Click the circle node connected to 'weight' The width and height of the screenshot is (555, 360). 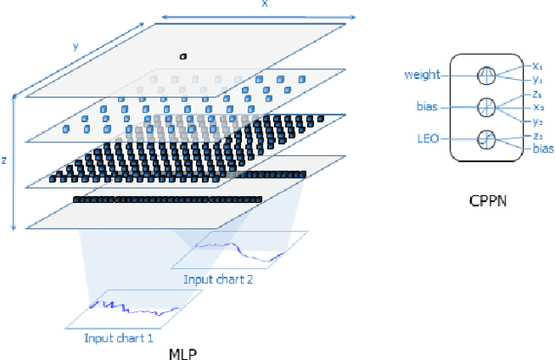[x=488, y=76]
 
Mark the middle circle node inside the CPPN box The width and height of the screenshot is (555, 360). [x=488, y=108]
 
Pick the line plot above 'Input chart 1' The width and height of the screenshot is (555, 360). [x=134, y=308]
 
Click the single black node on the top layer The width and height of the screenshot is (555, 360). [x=182, y=56]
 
